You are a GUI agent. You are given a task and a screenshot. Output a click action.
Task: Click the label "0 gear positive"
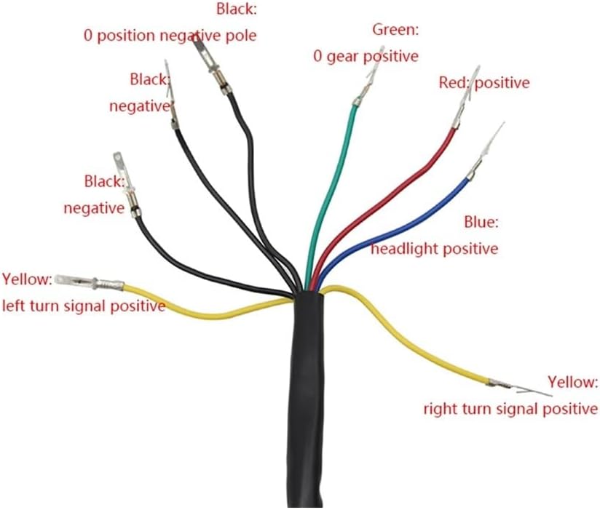coord(366,56)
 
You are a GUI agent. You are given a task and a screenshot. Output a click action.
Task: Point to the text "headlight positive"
coord(435,249)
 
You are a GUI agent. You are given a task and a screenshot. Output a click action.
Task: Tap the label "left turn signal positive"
coord(84,306)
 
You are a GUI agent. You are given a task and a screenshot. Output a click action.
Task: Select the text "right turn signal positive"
coord(510,409)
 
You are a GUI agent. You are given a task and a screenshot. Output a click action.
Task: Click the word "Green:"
coord(395,30)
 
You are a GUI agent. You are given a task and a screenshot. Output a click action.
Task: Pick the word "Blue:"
coord(481,221)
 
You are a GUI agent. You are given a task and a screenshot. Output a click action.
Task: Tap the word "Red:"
coord(455,82)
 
